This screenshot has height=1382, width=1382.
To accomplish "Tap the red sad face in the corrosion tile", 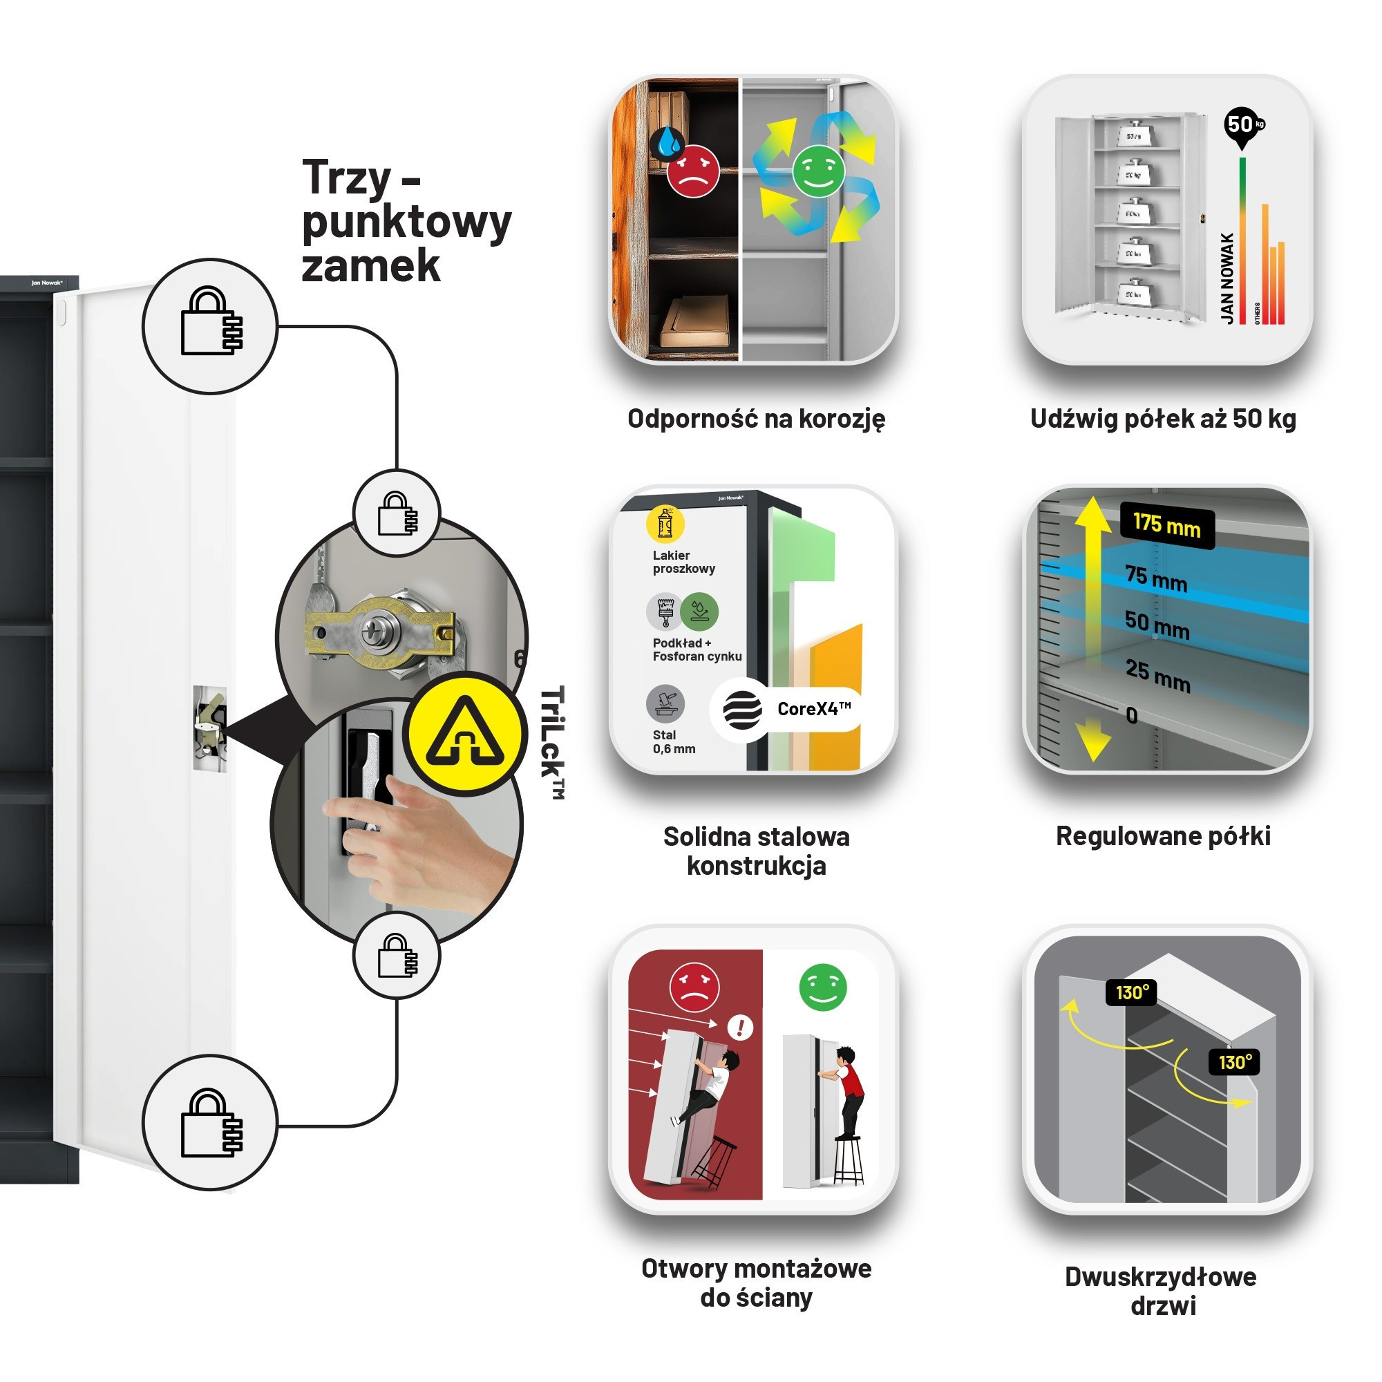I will [692, 171].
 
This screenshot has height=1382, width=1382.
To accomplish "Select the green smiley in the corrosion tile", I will [818, 171].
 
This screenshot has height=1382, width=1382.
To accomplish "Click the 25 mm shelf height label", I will [1157, 675].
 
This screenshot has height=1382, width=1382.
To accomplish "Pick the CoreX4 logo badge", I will [787, 709].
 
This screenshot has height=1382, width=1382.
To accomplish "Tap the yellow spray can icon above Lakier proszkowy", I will [665, 524].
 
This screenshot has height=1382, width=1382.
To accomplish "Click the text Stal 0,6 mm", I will [673, 741].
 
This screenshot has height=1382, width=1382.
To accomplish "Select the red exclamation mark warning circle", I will [739, 1028].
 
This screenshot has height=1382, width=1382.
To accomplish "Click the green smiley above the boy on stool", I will [822, 988].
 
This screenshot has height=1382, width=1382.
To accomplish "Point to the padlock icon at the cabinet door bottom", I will [210, 1124].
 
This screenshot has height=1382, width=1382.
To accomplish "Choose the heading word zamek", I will [370, 266].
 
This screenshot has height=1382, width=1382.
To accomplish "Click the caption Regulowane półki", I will [1163, 835].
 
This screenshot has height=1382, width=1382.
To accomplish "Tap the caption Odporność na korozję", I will [756, 419].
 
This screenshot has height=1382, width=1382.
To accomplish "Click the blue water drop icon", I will [669, 142].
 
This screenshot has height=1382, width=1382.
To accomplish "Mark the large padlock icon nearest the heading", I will [210, 325].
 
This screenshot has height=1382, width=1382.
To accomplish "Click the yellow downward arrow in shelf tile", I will [1092, 741].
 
